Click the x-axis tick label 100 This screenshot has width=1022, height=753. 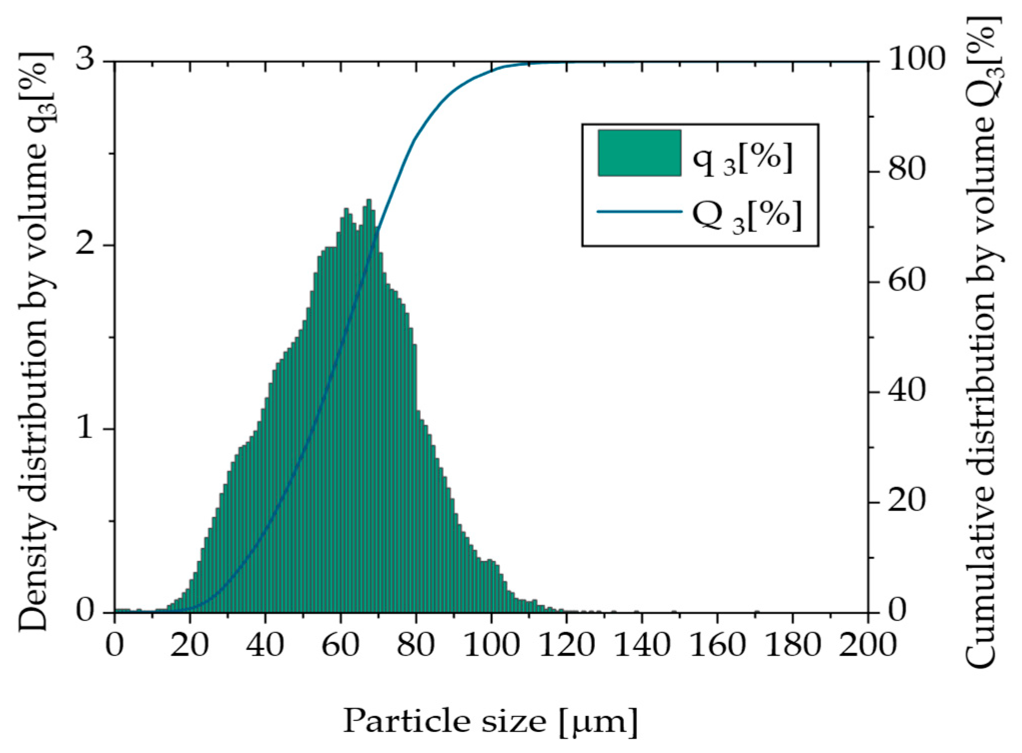point(491,645)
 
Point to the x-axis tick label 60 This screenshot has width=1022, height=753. point(340,645)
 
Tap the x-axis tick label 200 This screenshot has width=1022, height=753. point(867,645)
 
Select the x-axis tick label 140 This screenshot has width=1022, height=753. point(642,645)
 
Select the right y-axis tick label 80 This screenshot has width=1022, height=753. point(906,169)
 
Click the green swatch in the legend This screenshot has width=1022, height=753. point(639,153)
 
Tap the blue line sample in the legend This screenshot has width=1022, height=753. point(639,211)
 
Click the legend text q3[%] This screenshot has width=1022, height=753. point(742,159)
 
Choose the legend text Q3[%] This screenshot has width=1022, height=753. point(746,216)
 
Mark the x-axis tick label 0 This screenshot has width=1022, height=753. point(115,645)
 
